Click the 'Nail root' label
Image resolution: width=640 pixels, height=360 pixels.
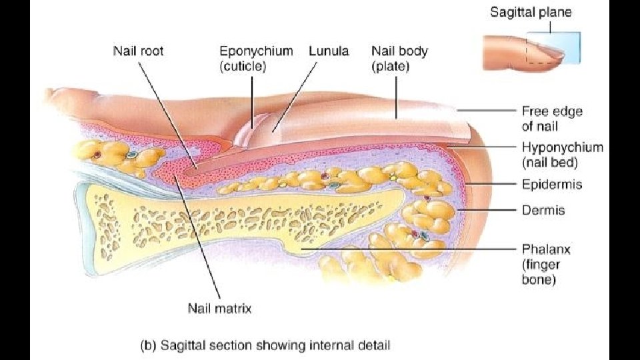click(139, 51)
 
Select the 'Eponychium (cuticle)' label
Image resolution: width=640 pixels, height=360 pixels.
click(256, 58)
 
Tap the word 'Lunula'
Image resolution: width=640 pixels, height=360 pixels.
click(329, 51)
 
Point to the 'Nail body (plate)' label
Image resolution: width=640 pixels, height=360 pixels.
click(399, 58)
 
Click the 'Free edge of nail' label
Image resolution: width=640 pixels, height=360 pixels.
click(549, 118)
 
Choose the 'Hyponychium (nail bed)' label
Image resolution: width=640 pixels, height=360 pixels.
click(561, 155)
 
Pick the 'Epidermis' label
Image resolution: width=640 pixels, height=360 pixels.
click(551, 184)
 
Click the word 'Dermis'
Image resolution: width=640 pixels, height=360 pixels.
click(543, 210)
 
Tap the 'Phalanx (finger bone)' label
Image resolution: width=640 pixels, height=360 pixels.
click(546, 264)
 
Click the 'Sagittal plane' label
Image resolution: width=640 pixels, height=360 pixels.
click(531, 11)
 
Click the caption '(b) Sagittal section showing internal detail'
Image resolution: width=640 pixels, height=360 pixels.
click(265, 345)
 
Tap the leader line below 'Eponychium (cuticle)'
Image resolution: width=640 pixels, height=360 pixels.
click(252, 100)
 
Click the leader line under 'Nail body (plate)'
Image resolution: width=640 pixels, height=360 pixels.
click(397, 97)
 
